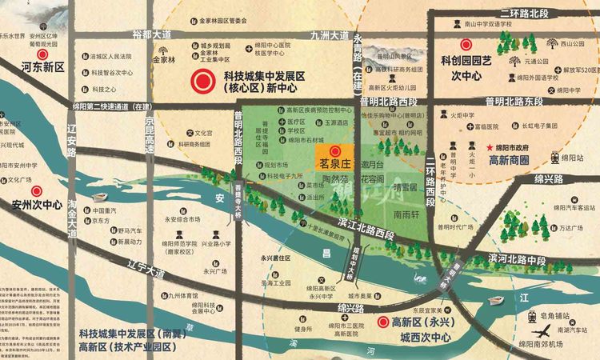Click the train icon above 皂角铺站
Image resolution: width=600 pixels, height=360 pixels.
click(x=531, y=317)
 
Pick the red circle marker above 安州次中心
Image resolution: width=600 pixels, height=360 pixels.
click(x=36, y=191)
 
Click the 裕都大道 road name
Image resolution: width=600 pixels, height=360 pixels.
click(x=152, y=35)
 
